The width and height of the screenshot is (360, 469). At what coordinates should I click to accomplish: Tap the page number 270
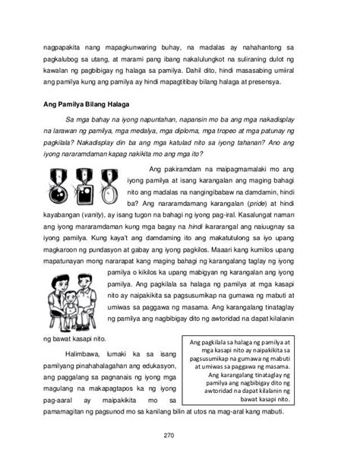tap(179, 436)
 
